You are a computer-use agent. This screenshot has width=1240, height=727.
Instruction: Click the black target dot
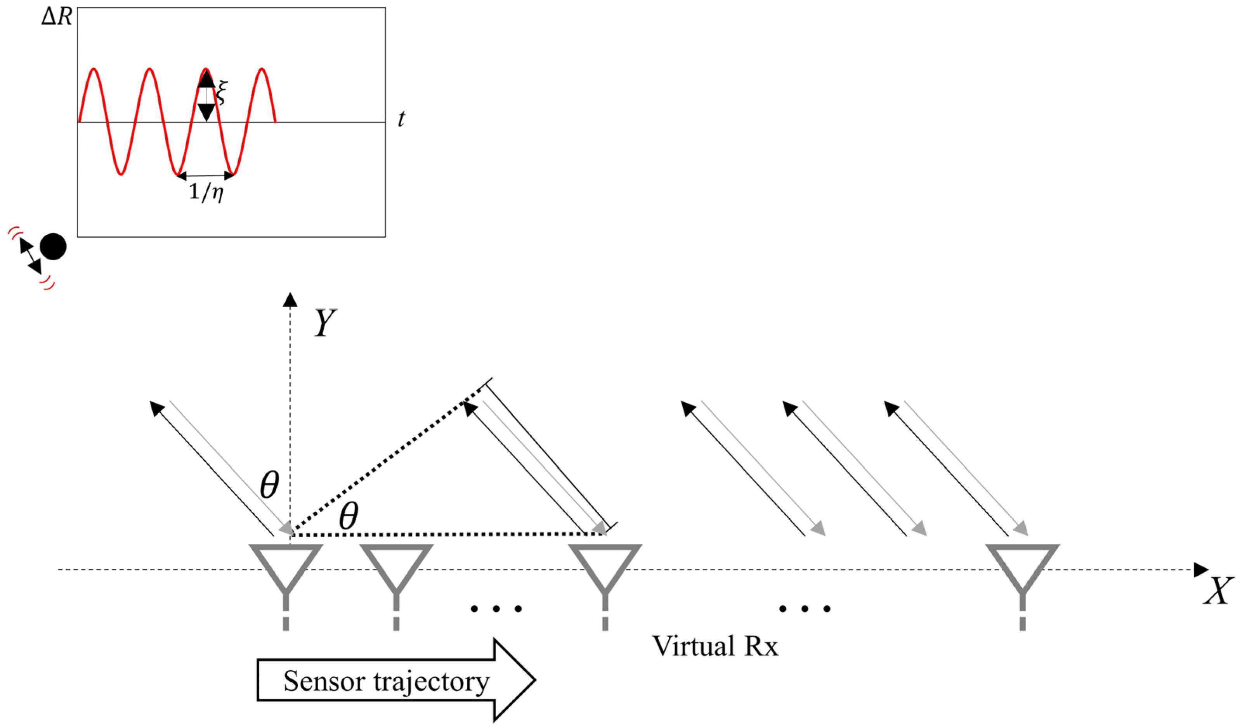click(x=53, y=246)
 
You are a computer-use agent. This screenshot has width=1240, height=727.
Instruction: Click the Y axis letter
click(x=326, y=325)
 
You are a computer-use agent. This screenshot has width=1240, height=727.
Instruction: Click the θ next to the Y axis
click(x=269, y=486)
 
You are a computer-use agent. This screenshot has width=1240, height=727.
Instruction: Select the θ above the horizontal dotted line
click(x=349, y=518)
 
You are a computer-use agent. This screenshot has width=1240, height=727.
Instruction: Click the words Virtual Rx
click(x=715, y=646)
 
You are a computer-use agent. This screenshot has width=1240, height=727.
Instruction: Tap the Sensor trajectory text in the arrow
click(x=386, y=681)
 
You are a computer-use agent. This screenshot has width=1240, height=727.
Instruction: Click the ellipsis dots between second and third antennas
click(x=496, y=609)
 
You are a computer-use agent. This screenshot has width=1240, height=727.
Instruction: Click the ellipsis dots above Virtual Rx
click(x=805, y=609)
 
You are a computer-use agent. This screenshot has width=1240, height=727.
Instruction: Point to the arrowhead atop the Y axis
click(x=290, y=299)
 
